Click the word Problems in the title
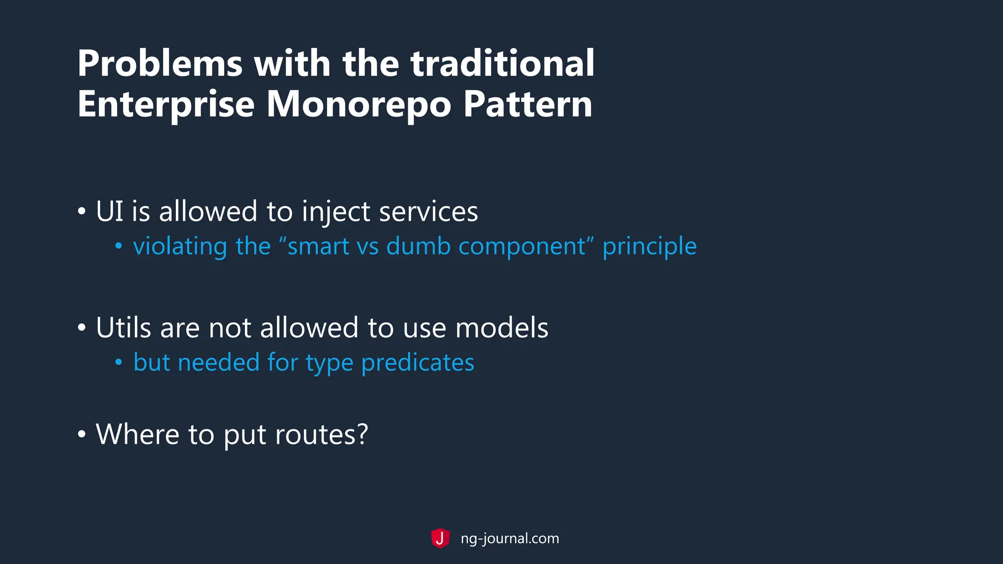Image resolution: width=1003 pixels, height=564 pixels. point(160,64)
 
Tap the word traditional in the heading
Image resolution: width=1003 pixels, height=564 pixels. point(502,64)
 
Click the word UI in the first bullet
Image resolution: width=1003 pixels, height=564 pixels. point(109,211)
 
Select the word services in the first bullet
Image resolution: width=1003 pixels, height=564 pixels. point(429,211)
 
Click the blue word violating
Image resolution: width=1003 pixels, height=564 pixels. point(180,246)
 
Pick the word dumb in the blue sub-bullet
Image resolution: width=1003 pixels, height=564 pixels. point(418,246)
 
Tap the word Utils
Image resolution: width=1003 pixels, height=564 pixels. point(123,328)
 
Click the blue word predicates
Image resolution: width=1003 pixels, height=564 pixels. point(417,363)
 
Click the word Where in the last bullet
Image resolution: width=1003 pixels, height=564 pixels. point(138,434)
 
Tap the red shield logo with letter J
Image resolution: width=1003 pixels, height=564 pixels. point(440,539)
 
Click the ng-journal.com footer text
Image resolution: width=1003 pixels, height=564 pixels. point(509,539)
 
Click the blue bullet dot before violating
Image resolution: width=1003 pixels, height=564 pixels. point(119,246)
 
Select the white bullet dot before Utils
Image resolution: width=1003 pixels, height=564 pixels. point(82,328)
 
